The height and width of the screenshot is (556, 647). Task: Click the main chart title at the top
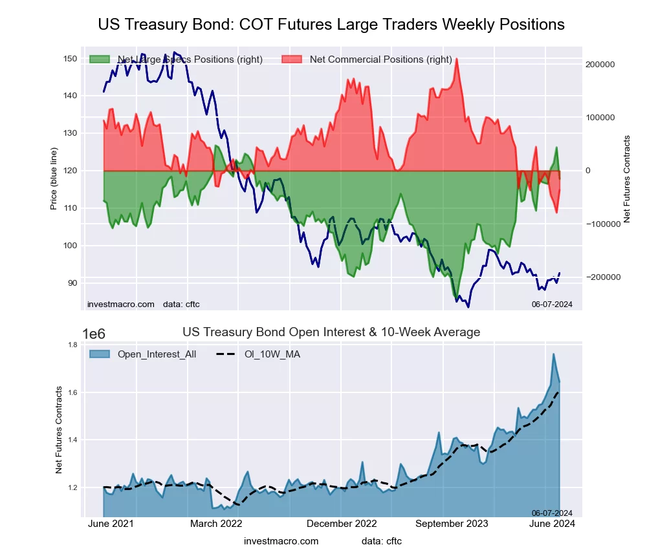(331, 25)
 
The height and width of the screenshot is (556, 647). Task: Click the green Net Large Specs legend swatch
(100, 59)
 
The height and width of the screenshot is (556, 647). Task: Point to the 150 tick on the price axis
(69, 59)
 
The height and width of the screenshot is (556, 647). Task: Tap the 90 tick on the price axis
(71, 283)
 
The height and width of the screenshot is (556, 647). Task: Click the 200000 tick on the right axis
(598, 65)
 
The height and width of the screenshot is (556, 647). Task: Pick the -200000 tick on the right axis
(600, 277)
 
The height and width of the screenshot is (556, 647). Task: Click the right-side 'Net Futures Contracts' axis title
(626, 179)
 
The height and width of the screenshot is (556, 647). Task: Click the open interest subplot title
(331, 332)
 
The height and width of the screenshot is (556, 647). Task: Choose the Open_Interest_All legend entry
(157, 354)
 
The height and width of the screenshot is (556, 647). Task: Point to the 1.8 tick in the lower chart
(72, 345)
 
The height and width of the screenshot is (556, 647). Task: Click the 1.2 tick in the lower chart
(72, 487)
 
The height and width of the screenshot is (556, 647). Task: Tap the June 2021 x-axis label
(110, 524)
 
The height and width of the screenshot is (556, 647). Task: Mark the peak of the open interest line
(553, 354)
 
